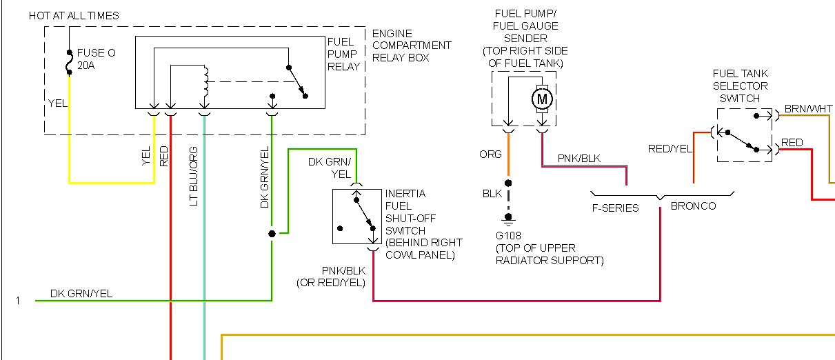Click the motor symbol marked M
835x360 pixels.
(542, 99)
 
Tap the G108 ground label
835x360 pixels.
(510, 235)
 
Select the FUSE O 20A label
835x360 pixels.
(92, 59)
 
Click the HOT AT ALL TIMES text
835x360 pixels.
(74, 15)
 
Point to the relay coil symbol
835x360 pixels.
(205, 81)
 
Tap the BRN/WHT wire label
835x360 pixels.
(809, 109)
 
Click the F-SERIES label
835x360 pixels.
(616, 208)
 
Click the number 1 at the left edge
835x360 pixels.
(19, 301)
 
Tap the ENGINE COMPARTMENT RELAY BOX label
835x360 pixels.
(411, 46)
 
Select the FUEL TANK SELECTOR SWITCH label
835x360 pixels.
(740, 86)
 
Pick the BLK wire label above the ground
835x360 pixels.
(492, 194)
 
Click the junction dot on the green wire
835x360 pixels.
(272, 234)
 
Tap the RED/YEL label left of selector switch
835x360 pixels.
(668, 148)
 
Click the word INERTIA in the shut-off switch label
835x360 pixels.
(406, 194)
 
